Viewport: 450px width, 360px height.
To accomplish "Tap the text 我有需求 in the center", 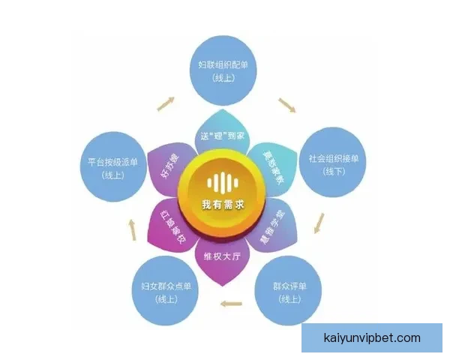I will (222, 205).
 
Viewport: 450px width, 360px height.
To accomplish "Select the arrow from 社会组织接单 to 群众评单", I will (320, 223).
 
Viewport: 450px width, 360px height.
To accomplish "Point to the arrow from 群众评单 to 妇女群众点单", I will (234, 303).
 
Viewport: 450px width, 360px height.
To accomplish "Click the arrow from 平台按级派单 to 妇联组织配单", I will (166, 103).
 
